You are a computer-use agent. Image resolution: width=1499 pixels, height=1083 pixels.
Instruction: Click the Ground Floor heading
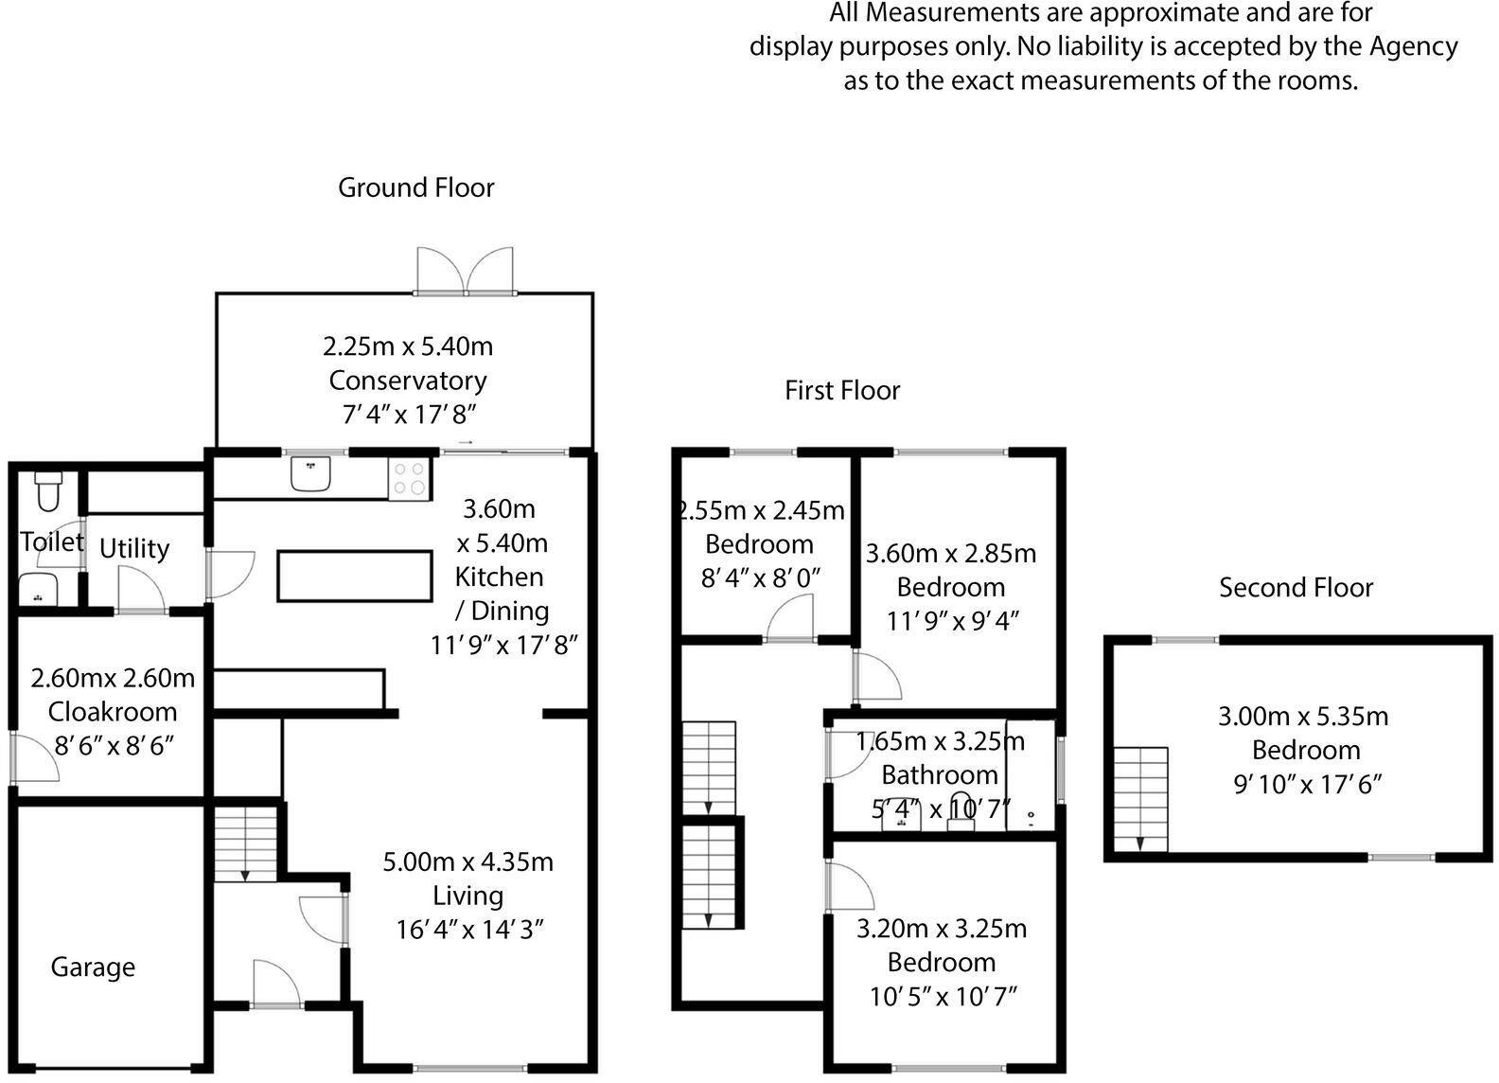pos(415,187)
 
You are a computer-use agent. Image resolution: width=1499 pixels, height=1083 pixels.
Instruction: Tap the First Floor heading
pos(842,390)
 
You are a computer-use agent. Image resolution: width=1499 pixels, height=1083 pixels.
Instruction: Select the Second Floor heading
pos(1295,588)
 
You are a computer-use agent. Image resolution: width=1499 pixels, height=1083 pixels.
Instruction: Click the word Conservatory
pos(408,381)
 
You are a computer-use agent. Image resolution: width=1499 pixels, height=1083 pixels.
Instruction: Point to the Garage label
pos(93,967)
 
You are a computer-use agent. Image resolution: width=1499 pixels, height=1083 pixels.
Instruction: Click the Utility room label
pos(134,548)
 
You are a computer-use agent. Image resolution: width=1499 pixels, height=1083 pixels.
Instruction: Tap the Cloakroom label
pos(113,712)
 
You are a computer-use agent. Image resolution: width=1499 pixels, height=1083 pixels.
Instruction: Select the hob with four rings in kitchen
pos(410,478)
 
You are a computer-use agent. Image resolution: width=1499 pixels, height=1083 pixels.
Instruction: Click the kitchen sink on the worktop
pos(310,473)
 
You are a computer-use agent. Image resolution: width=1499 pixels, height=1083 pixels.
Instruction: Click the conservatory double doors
pos(466,273)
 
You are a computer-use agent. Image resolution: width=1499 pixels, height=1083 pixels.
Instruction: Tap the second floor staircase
pos(1140,798)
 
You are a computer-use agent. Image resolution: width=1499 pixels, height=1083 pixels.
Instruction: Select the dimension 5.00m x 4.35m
pos(467,861)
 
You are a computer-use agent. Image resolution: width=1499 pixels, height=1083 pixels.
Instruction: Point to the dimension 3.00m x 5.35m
pos(1303,716)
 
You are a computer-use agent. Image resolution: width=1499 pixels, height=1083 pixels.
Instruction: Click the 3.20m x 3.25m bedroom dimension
pos(942,928)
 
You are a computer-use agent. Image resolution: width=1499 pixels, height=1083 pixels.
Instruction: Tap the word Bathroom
pos(940,774)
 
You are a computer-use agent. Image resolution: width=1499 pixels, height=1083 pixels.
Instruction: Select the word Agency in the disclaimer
pos(1412,46)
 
